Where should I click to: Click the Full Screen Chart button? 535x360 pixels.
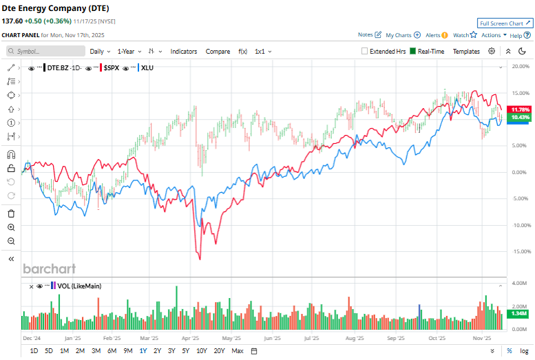[505, 23]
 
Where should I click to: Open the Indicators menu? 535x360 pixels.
[184, 51]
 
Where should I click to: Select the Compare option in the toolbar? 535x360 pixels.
[218, 51]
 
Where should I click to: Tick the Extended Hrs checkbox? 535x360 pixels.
[366, 51]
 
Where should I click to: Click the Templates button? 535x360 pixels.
[466, 51]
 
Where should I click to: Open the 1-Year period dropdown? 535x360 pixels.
[129, 51]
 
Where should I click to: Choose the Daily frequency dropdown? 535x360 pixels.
[100, 51]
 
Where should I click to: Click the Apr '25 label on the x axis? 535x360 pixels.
[191, 339]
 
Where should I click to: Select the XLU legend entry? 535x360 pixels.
[146, 67]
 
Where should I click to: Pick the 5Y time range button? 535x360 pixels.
[186, 351]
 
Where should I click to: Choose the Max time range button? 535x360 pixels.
[238, 351]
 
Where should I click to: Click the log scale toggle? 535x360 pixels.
[524, 351]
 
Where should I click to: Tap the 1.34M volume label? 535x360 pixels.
[518, 313]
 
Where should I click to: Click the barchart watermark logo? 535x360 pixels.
[50, 269]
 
